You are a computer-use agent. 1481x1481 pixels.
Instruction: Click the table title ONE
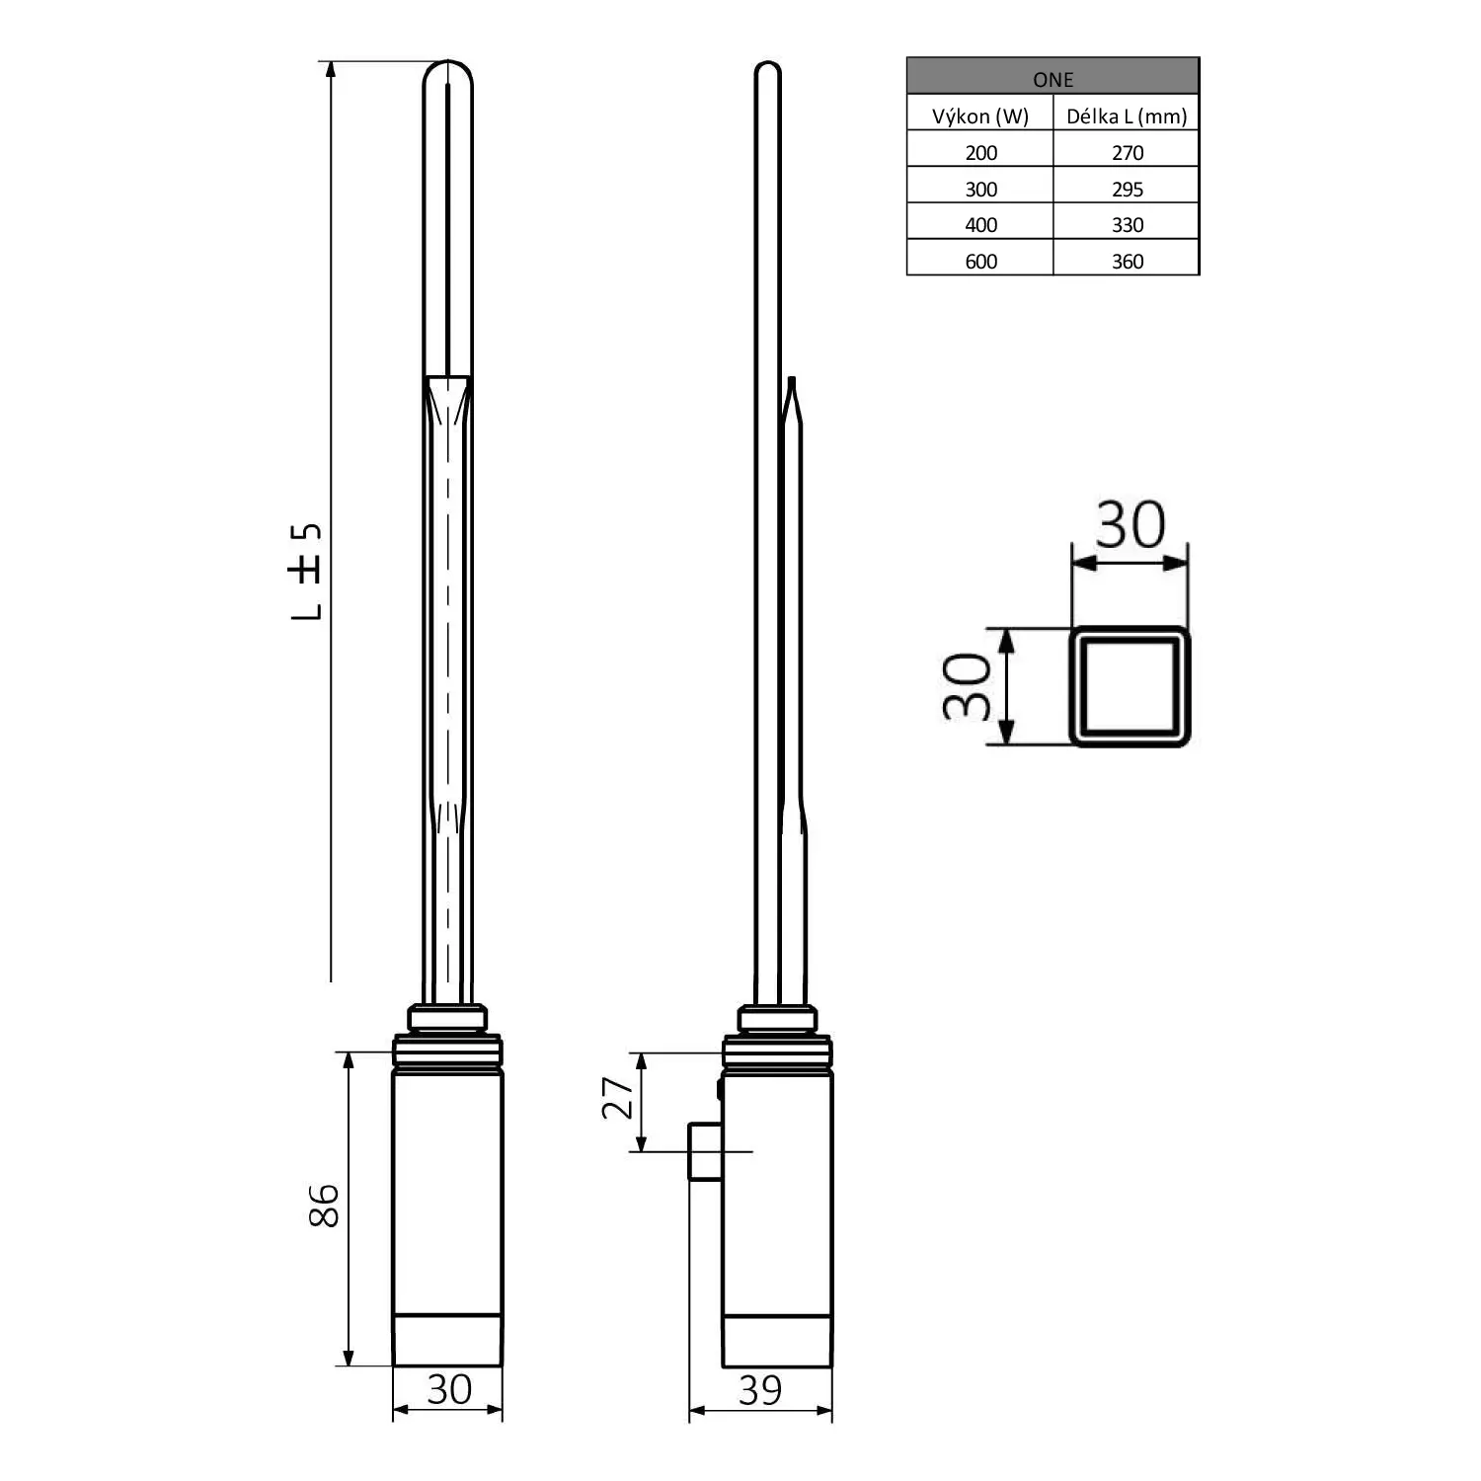point(1052,79)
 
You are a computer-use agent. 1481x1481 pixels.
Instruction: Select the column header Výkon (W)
point(979,117)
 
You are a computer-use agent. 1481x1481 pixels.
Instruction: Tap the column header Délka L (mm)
point(1127,117)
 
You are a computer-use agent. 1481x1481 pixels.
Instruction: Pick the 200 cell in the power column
point(980,153)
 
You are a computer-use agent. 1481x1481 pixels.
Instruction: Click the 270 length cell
point(1127,153)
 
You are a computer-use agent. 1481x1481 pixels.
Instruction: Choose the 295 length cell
point(1127,190)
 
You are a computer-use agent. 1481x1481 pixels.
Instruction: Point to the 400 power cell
point(980,225)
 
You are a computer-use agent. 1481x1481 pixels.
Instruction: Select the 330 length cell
point(1127,225)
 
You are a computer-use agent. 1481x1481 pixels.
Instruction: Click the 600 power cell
point(980,262)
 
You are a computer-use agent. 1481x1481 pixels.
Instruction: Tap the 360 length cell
point(1127,262)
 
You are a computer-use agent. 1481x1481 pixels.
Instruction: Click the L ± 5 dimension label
point(307,572)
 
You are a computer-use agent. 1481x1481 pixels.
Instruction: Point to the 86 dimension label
point(324,1206)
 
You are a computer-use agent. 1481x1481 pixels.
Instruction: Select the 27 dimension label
point(618,1098)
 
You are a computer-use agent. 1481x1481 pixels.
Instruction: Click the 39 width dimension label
point(760,1391)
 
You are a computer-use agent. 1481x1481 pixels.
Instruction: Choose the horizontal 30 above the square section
point(1130,525)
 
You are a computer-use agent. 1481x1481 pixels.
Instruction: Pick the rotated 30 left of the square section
point(967,686)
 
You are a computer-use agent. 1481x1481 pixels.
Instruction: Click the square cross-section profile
point(1130,686)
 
